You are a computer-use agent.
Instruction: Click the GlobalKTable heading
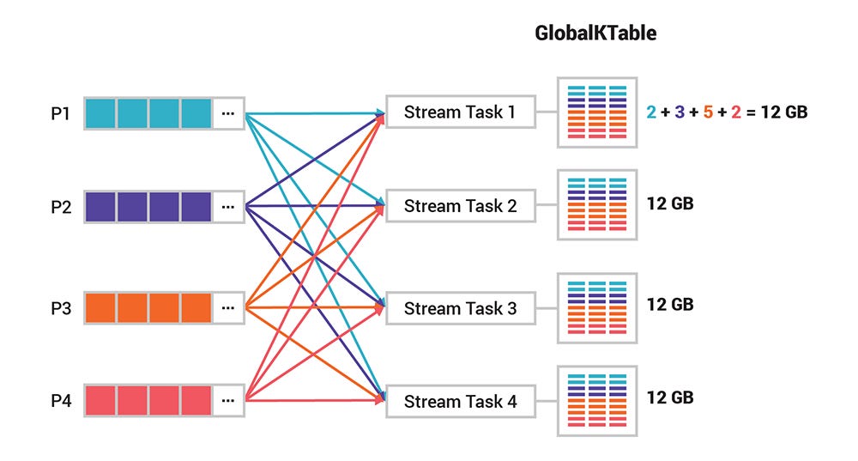595,33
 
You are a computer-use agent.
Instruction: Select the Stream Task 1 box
461,112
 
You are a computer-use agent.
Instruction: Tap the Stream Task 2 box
461,206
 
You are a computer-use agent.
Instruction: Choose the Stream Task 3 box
461,308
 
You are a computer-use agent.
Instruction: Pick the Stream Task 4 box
461,401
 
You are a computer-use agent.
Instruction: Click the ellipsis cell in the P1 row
227,112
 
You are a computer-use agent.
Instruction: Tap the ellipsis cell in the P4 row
227,400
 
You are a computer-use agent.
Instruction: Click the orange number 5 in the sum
708,112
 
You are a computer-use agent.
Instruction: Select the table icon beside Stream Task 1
596,112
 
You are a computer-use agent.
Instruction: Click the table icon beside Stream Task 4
596,401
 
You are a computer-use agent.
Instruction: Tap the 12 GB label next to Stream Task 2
670,204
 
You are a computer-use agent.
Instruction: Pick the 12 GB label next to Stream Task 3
670,305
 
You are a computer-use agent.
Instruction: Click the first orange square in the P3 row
100,307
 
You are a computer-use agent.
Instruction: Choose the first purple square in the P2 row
100,207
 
